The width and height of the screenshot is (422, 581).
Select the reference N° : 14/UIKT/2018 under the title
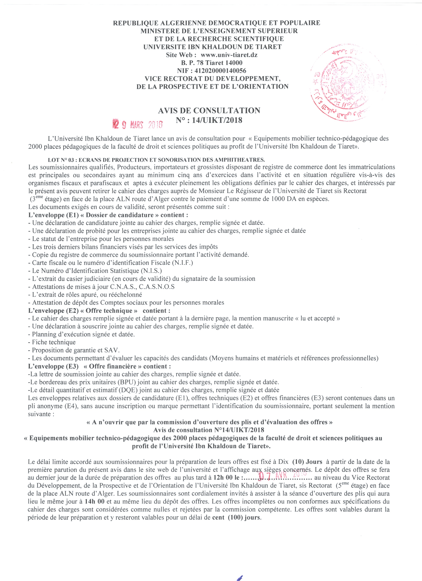(x=209, y=120)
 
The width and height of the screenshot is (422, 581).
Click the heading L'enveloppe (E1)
(x=53, y=215)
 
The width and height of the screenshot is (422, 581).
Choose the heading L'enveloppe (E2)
(x=53, y=311)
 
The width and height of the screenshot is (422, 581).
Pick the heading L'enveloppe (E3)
(x=53, y=366)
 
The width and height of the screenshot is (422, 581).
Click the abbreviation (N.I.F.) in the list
(x=183, y=263)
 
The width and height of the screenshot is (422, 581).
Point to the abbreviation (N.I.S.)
(x=151, y=271)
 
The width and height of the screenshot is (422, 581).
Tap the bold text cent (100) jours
(x=236, y=517)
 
